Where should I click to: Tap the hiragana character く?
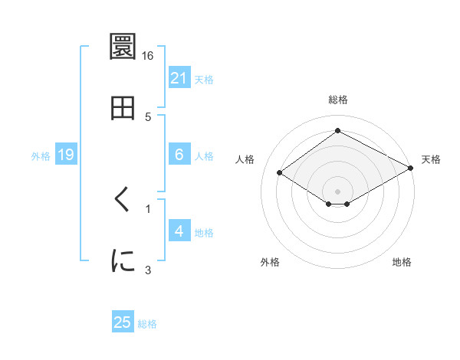pyautogui.click(x=123, y=201)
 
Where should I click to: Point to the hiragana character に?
pyautogui.click(x=123, y=261)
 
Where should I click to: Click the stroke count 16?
pyautogui.click(x=148, y=56)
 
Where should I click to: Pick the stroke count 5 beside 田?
pyautogui.click(x=148, y=116)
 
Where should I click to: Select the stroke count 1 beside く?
pyautogui.click(x=148, y=208)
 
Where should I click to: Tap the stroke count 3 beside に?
pyautogui.click(x=148, y=269)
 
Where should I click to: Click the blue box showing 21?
pyautogui.click(x=179, y=77)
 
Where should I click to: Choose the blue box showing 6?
pyautogui.click(x=179, y=155)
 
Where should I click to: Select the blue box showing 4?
pyautogui.click(x=179, y=231)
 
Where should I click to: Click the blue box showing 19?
pyautogui.click(x=66, y=155)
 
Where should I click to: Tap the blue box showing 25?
pyautogui.click(x=123, y=322)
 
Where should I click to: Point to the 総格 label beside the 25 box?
pyautogui.click(x=147, y=324)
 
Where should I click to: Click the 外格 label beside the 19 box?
pyautogui.click(x=41, y=156)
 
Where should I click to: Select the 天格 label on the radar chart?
pyautogui.click(x=431, y=159)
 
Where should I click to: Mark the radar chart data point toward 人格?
pyautogui.click(x=280, y=173)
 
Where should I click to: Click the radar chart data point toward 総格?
pyautogui.click(x=337, y=131)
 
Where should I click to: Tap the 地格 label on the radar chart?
pyautogui.click(x=402, y=262)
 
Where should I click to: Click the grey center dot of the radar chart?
pyautogui.click(x=337, y=191)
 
